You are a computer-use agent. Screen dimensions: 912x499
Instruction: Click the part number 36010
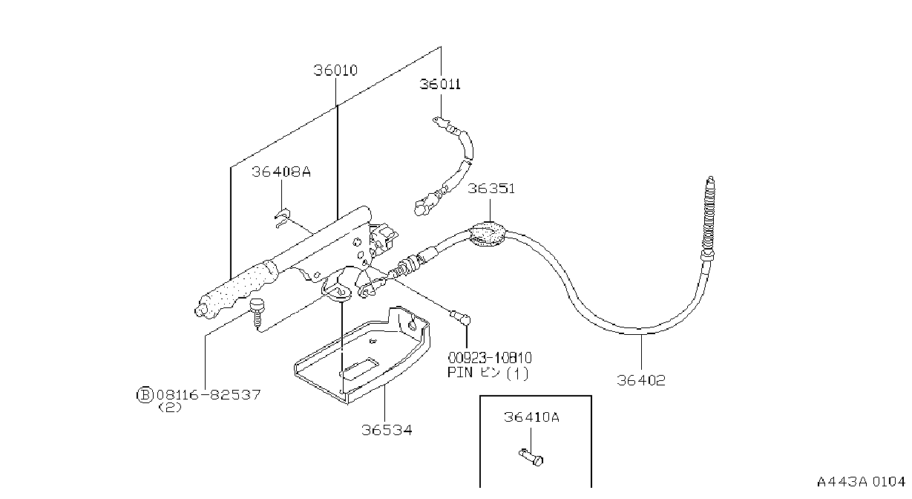[x=335, y=71]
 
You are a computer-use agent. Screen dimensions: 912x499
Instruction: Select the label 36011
[x=440, y=85]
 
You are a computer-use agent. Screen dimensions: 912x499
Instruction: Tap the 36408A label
[x=281, y=172]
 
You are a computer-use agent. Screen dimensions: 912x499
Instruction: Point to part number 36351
[x=491, y=189]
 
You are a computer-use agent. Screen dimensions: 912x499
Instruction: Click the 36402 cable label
[x=641, y=380]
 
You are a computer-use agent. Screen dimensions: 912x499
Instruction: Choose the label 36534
[x=387, y=430]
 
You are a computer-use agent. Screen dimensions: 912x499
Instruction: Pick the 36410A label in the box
[x=531, y=417]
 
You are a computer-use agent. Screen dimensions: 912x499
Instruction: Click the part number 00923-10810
[x=490, y=358]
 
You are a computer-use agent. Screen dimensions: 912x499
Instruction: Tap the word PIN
[x=460, y=373]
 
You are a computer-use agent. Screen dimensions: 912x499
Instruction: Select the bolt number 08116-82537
[x=209, y=395]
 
